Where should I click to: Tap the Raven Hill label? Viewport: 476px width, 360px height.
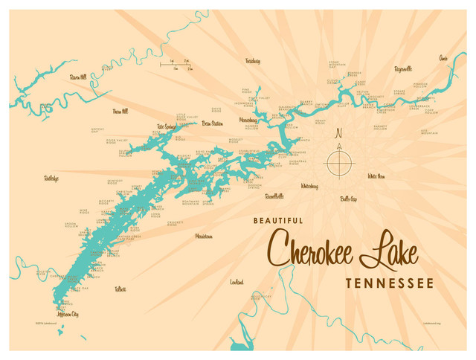pyautogui.click(x=77, y=77)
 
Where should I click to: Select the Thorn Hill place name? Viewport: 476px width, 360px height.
pyautogui.click(x=120, y=111)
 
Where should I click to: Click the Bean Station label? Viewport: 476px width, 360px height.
pyautogui.click(x=212, y=123)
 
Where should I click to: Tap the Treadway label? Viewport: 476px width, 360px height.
pyautogui.click(x=253, y=61)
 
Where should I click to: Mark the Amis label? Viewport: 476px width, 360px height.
pyautogui.click(x=443, y=57)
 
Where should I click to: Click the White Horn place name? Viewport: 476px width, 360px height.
pyautogui.click(x=376, y=176)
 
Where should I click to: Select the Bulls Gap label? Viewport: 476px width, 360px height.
pyautogui.click(x=349, y=199)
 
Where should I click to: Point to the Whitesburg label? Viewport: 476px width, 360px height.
pyautogui.click(x=309, y=185)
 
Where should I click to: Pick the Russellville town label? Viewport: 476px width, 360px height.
pyautogui.click(x=274, y=196)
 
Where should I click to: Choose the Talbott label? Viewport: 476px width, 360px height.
pyautogui.click(x=120, y=289)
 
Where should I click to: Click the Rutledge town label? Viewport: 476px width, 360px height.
pyautogui.click(x=51, y=179)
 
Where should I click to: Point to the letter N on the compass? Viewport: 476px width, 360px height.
pyautogui.click(x=339, y=135)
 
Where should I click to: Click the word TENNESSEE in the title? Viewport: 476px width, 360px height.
pyautogui.click(x=389, y=283)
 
